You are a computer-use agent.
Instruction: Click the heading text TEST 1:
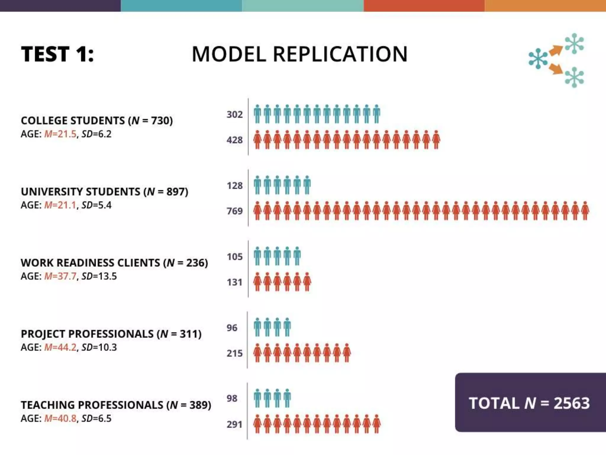[x=57, y=54]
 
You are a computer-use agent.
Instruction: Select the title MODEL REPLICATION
[x=299, y=54]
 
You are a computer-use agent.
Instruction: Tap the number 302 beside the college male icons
[x=235, y=114]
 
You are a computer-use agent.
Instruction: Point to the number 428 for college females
[x=235, y=140]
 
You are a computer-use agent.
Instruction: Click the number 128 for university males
[x=235, y=186]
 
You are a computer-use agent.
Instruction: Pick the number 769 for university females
[x=235, y=211]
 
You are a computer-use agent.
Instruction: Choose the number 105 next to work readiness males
[x=235, y=257]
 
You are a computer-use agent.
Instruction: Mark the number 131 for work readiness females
[x=235, y=282]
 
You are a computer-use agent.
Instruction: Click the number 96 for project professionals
[x=232, y=328]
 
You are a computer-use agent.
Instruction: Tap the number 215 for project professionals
[x=235, y=353]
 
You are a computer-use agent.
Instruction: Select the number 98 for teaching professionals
[x=232, y=398]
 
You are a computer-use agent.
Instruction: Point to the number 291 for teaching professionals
[x=235, y=424]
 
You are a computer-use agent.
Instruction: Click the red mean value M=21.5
[x=60, y=134]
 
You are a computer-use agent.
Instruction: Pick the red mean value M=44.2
[x=60, y=347]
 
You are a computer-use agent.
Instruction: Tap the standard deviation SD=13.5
[x=99, y=276]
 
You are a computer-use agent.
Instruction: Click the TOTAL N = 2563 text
[x=529, y=403]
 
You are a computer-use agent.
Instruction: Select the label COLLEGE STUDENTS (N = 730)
[x=97, y=121]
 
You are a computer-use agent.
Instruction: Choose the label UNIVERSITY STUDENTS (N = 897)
[x=104, y=192]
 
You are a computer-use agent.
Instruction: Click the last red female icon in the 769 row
[x=585, y=211]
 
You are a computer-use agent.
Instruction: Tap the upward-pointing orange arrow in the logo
[x=556, y=50]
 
